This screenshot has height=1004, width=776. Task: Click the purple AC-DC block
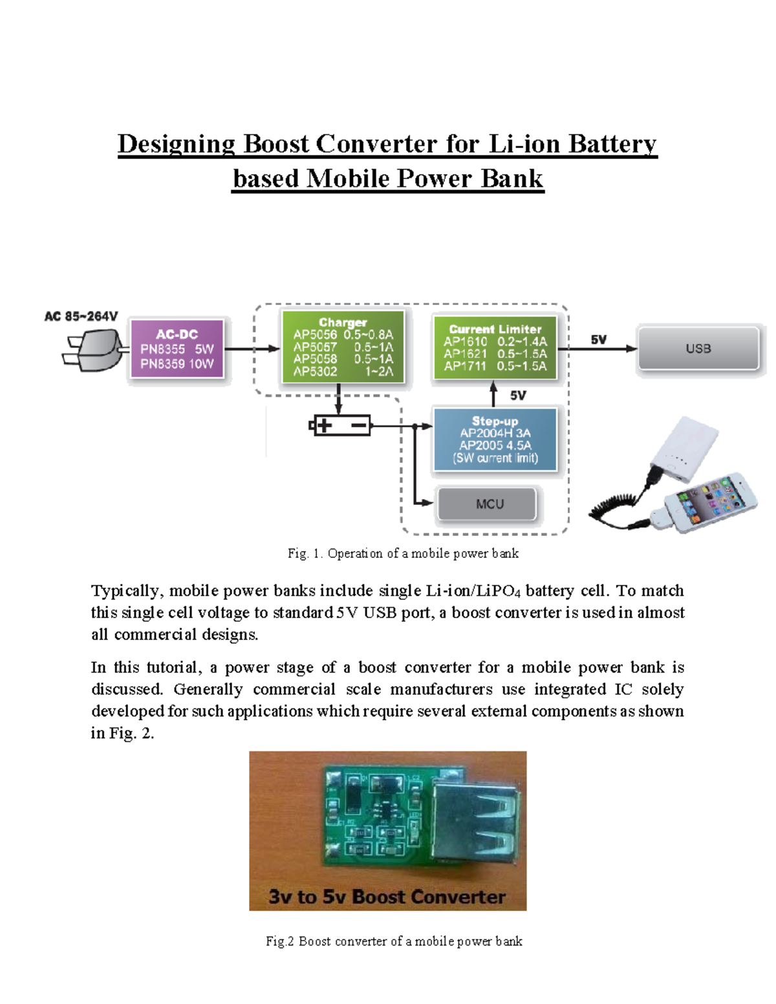177,349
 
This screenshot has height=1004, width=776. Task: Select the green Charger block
343,347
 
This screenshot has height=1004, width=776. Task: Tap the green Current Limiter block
495,348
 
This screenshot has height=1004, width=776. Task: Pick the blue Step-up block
495,440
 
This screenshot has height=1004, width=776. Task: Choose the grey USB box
698,348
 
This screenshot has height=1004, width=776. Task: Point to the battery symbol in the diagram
341,425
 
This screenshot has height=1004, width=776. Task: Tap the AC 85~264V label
81,316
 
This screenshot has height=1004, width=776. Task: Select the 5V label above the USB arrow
598,339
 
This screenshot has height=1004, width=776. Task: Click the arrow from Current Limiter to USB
597,349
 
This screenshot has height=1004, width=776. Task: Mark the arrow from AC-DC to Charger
252,349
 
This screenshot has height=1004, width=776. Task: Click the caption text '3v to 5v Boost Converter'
387,897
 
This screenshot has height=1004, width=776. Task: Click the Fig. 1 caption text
403,553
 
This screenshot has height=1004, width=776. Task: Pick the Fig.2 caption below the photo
394,941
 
